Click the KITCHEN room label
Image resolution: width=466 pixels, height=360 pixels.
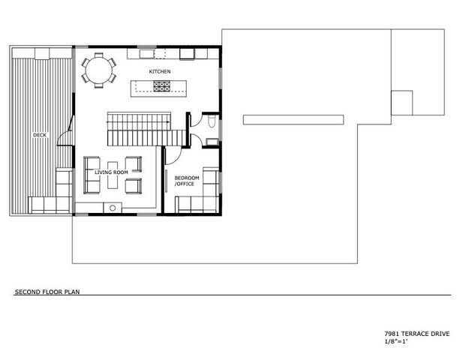click(x=159, y=71)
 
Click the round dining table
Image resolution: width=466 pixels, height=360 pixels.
click(x=98, y=70)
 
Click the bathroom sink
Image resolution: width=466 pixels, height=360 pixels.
click(x=212, y=140)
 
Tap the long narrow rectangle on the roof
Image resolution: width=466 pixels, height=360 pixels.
click(x=293, y=118)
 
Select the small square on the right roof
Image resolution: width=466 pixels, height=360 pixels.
click(x=401, y=102)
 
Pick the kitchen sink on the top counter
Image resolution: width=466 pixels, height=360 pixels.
click(x=145, y=55)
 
